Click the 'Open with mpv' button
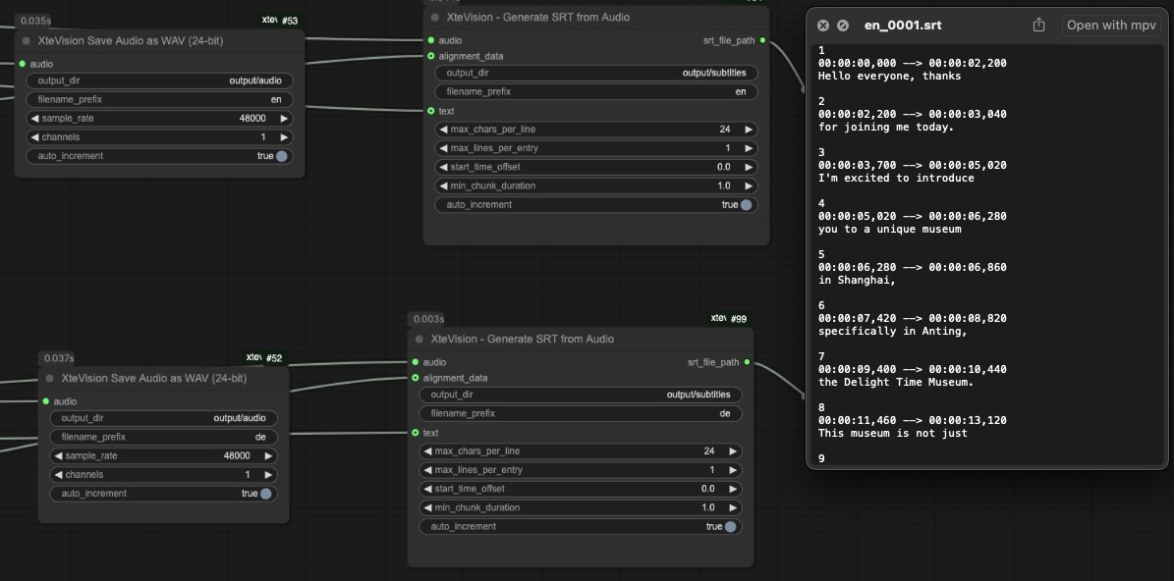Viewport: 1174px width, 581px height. pos(1111,26)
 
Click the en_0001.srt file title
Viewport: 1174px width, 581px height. pos(902,26)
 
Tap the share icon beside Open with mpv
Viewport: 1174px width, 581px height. pos(1038,26)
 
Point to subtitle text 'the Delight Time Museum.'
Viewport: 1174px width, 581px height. pos(895,382)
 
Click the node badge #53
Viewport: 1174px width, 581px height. pos(290,21)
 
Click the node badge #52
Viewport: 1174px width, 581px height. pos(274,358)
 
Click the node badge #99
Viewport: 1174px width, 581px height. pos(738,319)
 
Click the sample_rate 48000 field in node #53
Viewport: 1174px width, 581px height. pos(160,118)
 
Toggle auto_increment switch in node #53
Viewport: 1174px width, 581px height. pos(282,156)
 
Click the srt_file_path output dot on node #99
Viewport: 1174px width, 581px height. pos(747,362)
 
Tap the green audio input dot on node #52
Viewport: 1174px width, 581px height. pos(45,401)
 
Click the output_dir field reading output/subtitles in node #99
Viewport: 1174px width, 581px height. pos(580,395)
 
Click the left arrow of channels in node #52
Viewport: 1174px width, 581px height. pos(59,475)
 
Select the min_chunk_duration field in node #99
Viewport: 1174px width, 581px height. pos(580,507)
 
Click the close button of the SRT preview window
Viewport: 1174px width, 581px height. pos(823,26)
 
